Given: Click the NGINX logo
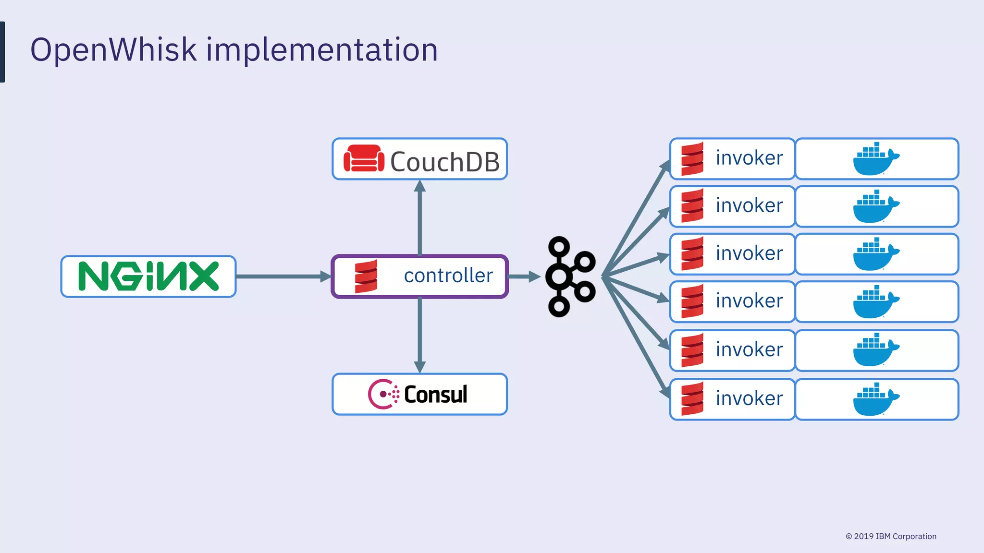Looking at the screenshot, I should pos(148,276).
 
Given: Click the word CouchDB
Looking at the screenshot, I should pos(444,162).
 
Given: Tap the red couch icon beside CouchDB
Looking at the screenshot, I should pos(364,159).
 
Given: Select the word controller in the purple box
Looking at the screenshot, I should pos(448,276).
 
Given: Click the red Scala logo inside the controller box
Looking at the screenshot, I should pos(366,276).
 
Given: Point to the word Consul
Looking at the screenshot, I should pos(435,395).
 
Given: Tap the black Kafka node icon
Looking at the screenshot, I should pos(570,276).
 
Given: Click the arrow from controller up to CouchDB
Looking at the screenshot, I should pos(420,218).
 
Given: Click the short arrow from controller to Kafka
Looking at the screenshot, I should pos(523,276).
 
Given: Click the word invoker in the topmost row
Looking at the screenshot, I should pos(749,158).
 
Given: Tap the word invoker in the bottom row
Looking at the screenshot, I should pos(749,398).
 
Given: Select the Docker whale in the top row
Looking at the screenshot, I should pos(875,159).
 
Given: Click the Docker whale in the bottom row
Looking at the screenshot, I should pos(875,400).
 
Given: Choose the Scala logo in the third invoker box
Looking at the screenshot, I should pos(692,253).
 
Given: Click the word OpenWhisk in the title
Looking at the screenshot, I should pos(113,49).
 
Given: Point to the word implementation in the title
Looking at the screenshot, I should pos(322,49).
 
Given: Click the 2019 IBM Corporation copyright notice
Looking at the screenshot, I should pos(891,536).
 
